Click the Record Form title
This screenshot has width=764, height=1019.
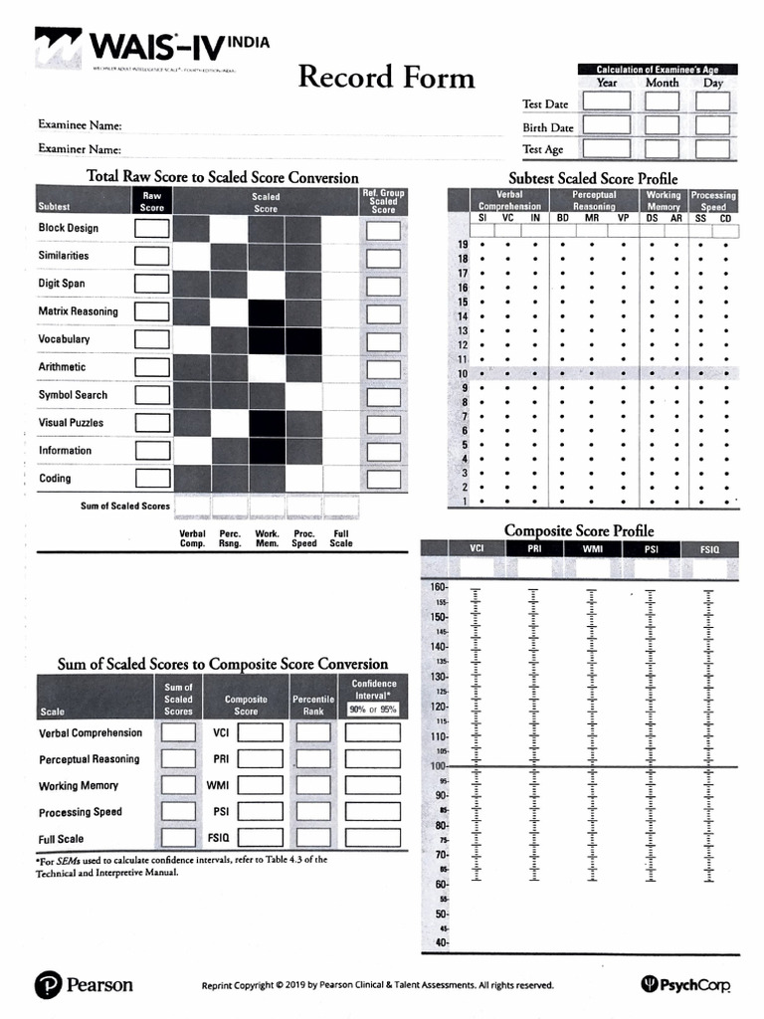coord(387,77)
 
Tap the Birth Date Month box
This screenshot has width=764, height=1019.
coord(662,126)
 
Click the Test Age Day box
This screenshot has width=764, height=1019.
coord(713,149)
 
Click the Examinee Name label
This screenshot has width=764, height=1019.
coord(80,125)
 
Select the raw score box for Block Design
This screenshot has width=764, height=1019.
coord(151,228)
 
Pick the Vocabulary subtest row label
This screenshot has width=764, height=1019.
coord(64,339)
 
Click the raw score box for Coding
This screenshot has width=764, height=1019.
coord(151,479)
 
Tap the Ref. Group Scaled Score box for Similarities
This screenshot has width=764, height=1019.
coord(383,257)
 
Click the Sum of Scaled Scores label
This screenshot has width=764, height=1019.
coord(125,507)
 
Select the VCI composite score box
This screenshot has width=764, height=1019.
coord(260,733)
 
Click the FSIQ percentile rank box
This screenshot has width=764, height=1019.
coord(314,838)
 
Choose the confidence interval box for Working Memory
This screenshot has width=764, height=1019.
coord(373,786)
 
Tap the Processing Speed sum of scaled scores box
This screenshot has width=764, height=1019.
coord(179,812)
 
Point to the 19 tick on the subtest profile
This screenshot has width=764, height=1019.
coord(462,244)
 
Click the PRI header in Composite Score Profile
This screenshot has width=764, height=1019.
coord(534,548)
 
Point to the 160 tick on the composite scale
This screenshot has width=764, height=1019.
coord(439,587)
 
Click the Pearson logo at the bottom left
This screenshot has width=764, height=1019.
coord(84,985)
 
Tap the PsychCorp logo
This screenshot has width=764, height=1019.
coord(687,985)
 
